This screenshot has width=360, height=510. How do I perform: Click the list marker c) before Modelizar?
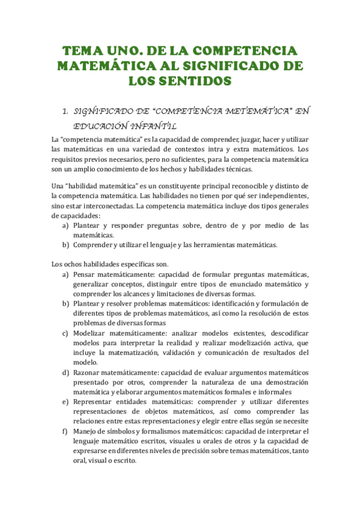coord(65,333)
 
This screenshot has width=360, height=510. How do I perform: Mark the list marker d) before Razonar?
coord(65,372)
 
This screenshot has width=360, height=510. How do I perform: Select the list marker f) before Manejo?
coord(65,431)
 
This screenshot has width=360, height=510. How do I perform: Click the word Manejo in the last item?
coord(86,431)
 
